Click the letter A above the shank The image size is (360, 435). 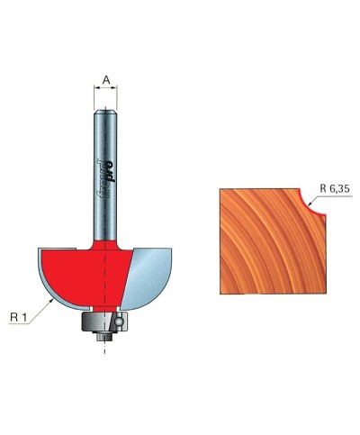[106, 80]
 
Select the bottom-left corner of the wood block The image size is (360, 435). [221, 295]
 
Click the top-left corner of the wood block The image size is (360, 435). [221, 186]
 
